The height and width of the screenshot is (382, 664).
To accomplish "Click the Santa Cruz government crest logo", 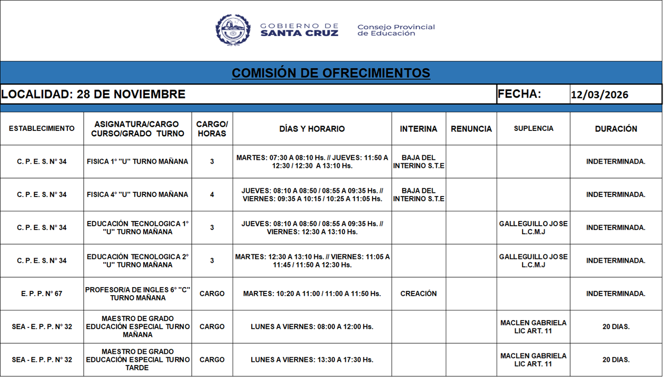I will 233,30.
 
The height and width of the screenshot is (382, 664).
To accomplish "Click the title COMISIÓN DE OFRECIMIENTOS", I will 331,73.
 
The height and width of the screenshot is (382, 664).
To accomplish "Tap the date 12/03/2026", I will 599,95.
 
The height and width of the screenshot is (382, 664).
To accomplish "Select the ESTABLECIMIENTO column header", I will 42,129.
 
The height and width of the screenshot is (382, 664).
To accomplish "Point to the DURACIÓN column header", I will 616,129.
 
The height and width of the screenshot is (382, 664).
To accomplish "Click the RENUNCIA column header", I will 471,129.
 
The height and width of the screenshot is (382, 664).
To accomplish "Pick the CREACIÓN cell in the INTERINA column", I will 419,294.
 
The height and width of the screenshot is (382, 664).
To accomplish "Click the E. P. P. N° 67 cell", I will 42,294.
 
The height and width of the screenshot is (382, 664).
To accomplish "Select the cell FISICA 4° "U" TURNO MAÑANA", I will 137,194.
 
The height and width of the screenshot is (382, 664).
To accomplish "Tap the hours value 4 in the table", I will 212,194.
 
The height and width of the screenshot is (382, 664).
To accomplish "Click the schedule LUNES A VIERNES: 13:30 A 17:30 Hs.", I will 312,360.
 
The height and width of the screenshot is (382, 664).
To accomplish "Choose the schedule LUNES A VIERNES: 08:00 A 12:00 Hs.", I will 312,327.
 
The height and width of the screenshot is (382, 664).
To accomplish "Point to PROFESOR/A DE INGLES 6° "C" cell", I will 138,294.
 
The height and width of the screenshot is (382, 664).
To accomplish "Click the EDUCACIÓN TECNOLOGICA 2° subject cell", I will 138,261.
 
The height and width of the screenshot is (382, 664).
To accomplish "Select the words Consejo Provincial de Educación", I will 396,30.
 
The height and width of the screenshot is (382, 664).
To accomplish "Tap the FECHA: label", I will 519,94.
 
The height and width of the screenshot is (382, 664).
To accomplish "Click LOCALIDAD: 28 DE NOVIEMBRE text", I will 93,94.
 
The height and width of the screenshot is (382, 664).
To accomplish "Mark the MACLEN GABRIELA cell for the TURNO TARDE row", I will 533,360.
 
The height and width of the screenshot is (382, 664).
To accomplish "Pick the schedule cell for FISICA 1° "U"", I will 312,162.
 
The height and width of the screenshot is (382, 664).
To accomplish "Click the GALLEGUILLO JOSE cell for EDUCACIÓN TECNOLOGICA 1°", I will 533,228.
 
